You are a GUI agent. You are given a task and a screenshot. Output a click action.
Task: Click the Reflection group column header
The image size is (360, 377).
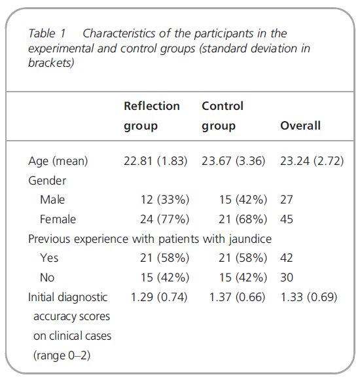coord(152,116)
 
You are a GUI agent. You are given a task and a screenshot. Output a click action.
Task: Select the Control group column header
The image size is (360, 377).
coord(223,116)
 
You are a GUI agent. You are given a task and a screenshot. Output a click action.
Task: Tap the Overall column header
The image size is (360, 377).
coord(300,126)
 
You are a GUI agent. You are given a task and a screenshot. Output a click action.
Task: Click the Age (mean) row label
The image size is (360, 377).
coord(58,161)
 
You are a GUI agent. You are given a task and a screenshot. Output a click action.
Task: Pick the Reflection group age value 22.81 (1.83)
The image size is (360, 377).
coord(155,161)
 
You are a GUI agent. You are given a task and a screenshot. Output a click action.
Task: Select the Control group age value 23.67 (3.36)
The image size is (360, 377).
coord(233,161)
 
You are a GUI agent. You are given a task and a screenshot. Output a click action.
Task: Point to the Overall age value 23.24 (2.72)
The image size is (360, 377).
coord(312,161)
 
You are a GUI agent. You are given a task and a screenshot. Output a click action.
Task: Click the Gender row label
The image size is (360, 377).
coord(47,181)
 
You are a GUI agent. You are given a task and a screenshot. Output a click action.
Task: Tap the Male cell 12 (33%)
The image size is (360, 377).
coord(165,200)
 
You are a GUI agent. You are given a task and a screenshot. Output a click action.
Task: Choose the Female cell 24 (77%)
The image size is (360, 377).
coord(165,219)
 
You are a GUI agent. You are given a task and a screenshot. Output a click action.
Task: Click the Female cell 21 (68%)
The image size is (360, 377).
coord(243,219)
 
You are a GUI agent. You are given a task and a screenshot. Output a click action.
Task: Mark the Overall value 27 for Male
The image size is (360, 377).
coord(287,200)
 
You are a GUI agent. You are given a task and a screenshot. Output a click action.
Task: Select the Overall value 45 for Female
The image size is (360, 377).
coord(287,219)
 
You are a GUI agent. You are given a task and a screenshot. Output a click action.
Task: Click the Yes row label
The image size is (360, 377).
coord(49,258)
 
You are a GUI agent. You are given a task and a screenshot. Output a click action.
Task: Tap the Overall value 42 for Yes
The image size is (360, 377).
coord(287,258)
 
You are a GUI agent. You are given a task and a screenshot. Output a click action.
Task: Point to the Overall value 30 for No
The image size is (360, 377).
coord(287,278)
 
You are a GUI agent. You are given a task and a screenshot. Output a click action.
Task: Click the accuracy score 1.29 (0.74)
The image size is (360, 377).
coord(159,297)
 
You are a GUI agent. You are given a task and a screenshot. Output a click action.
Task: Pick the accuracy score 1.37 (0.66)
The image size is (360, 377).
coord(237,297)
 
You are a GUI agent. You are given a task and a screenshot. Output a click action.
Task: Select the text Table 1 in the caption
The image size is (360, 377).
coord(47,33)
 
